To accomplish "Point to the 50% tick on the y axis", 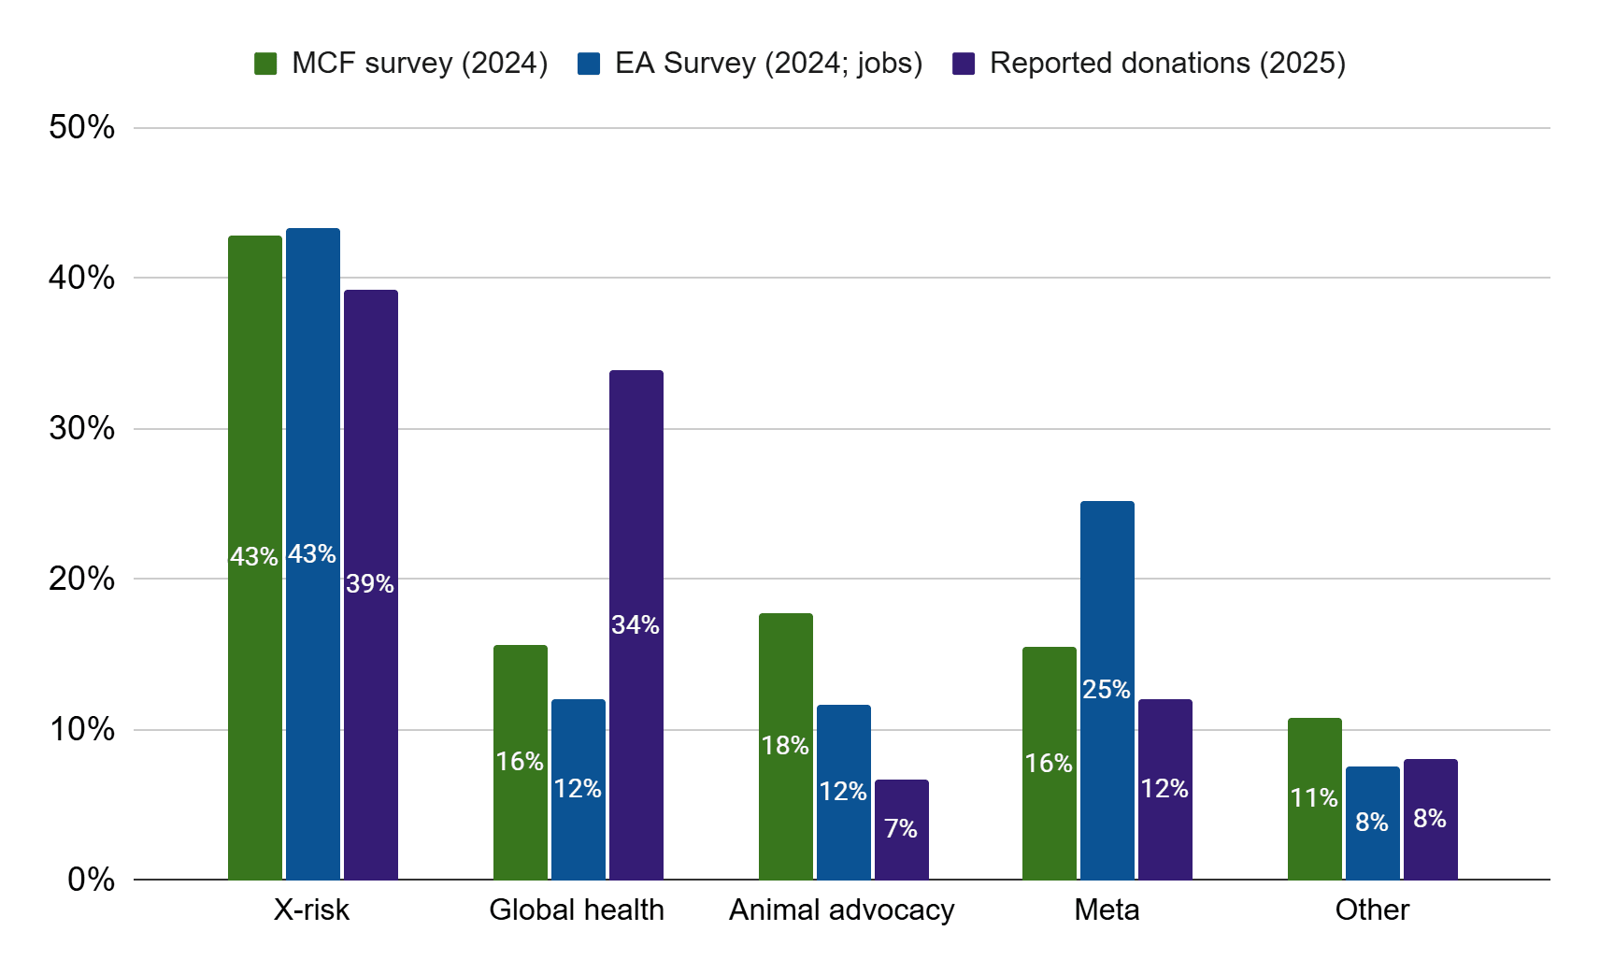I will (x=82, y=127).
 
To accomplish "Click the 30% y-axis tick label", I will (x=82, y=428).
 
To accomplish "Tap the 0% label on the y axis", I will (x=92, y=880).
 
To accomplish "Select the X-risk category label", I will (x=311, y=910).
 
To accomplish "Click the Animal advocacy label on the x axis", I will (x=841, y=910).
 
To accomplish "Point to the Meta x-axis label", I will (x=1107, y=910).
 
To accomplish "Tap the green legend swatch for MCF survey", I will (x=265, y=64).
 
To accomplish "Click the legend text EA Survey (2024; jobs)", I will (x=768, y=64).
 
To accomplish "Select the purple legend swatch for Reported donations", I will (x=964, y=64).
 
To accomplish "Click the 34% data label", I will (x=636, y=624).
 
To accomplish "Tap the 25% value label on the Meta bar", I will (x=1107, y=690).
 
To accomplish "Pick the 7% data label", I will (x=901, y=828).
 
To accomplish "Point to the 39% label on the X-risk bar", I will (x=370, y=584).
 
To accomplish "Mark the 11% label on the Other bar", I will (x=1314, y=798).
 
